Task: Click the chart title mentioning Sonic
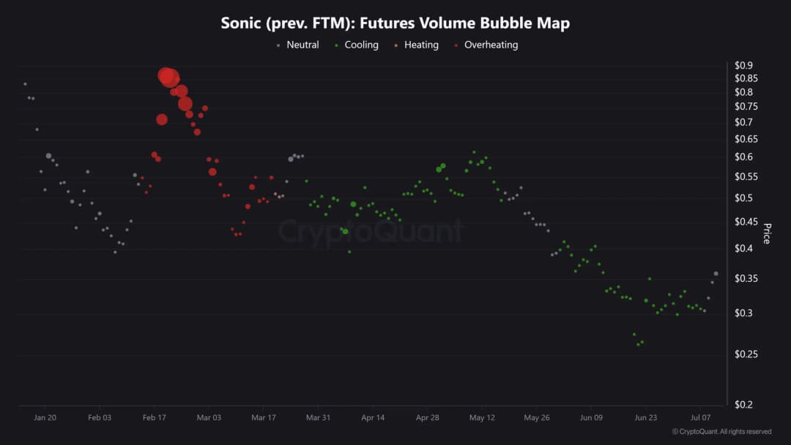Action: click(x=395, y=23)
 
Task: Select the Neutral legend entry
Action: click(x=302, y=45)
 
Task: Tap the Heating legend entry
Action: click(x=421, y=45)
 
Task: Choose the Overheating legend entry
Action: click(x=491, y=45)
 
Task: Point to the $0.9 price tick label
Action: click(x=744, y=65)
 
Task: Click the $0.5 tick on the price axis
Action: click(x=744, y=198)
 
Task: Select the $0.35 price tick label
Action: click(x=746, y=279)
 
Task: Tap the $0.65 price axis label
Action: click(x=746, y=139)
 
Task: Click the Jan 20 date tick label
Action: click(x=45, y=418)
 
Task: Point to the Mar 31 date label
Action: click(x=318, y=418)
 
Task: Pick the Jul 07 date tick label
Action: click(x=699, y=418)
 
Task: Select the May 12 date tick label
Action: click(x=482, y=418)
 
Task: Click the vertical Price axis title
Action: click(x=767, y=233)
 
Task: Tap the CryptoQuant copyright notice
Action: click(x=721, y=432)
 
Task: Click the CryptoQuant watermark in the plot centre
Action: click(x=371, y=231)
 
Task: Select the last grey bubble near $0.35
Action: click(x=716, y=274)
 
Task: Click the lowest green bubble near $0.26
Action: click(x=638, y=344)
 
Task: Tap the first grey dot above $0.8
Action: click(x=25, y=84)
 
